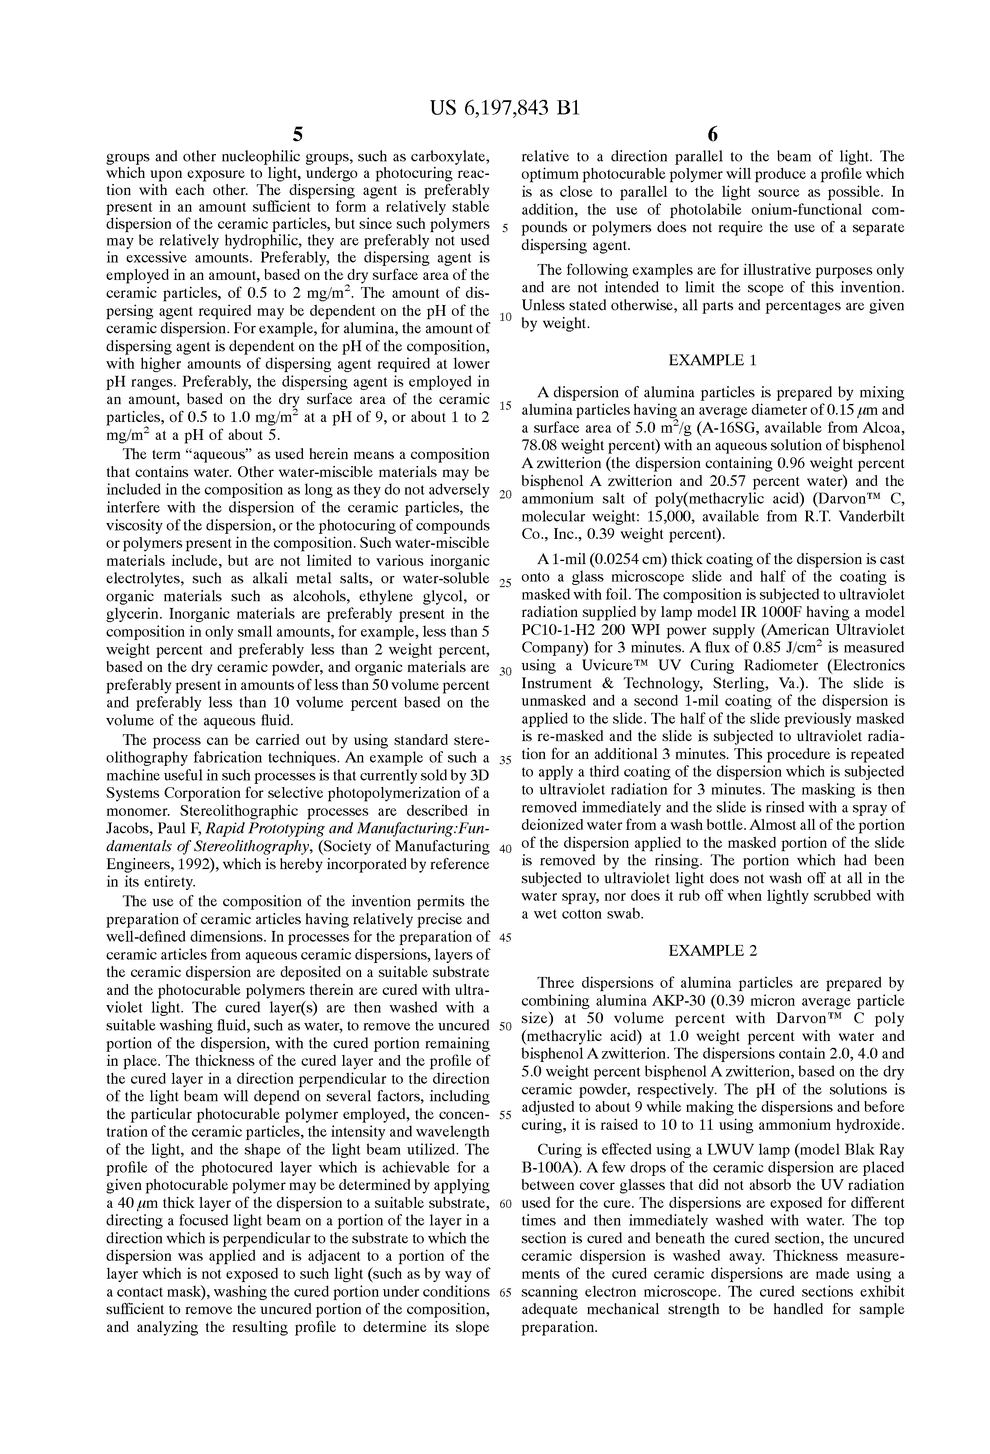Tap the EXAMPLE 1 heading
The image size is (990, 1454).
712,361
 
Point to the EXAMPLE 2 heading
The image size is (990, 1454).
712,951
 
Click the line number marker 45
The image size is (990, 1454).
506,937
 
